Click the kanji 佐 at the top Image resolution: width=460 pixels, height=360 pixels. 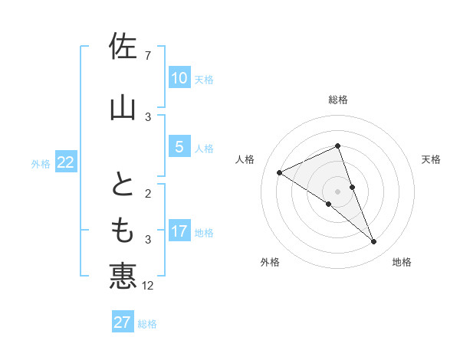pyautogui.click(x=123, y=46)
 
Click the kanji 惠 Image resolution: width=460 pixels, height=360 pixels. pyautogui.click(x=123, y=275)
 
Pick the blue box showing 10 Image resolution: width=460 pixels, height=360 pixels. pyautogui.click(x=179, y=78)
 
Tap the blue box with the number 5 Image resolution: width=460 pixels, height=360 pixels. pyautogui.click(x=179, y=147)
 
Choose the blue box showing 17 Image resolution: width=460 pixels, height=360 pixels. pyautogui.click(x=179, y=231)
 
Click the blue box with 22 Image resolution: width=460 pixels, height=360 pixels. pyautogui.click(x=66, y=162)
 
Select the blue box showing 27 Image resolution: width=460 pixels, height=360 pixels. pyautogui.click(x=123, y=322)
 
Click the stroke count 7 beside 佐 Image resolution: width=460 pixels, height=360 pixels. pyautogui.click(x=147, y=56)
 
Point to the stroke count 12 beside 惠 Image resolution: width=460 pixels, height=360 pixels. pyautogui.click(x=149, y=286)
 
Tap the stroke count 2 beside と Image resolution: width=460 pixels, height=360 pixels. pyautogui.click(x=147, y=194)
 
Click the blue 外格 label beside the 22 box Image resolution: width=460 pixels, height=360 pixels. pyautogui.click(x=41, y=163)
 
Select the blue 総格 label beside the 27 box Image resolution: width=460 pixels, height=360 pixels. pyautogui.click(x=147, y=323)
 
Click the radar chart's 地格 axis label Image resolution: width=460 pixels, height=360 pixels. pyautogui.click(x=402, y=262)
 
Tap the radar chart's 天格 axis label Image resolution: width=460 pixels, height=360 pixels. pyautogui.click(x=432, y=159)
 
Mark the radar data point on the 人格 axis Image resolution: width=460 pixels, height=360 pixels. pyautogui.click(x=280, y=172)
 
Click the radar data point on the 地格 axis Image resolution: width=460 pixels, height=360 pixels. pyautogui.click(x=374, y=242)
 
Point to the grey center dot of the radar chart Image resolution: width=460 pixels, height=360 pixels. pyautogui.click(x=337, y=191)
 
